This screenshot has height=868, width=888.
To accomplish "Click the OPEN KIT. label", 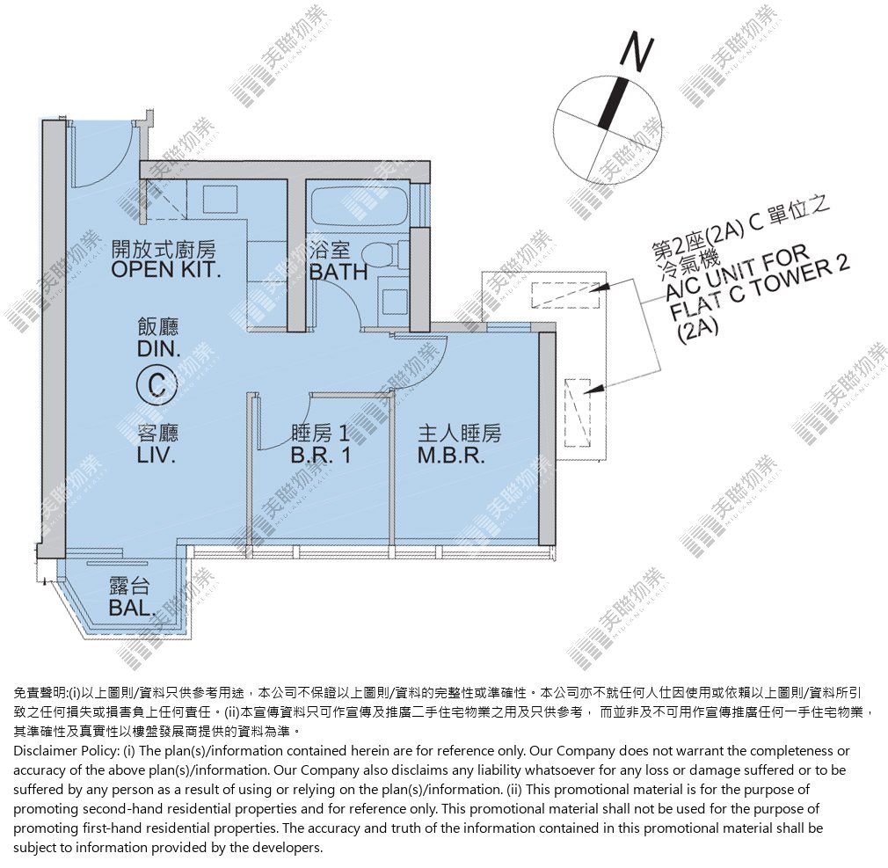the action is click(166, 268).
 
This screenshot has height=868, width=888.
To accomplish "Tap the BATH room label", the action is click(338, 272).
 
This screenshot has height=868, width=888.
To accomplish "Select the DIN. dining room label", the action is click(158, 348).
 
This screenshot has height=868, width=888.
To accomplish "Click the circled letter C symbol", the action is click(156, 385).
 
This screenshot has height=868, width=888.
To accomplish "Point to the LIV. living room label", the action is click(156, 455).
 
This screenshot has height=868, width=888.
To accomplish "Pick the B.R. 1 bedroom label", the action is click(321, 455).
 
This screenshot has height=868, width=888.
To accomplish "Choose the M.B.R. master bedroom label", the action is click(451, 455).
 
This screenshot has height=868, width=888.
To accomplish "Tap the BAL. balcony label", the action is click(131, 608).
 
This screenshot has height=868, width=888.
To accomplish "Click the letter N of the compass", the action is click(637, 54).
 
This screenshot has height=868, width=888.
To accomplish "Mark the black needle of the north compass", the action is click(614, 103).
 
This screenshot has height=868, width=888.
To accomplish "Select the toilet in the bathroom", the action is click(384, 255).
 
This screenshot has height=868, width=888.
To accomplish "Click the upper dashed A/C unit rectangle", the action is click(565, 295).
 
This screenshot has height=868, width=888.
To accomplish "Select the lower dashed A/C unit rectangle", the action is click(578, 413).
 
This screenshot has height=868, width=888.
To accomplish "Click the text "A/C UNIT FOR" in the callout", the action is click(736, 274).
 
